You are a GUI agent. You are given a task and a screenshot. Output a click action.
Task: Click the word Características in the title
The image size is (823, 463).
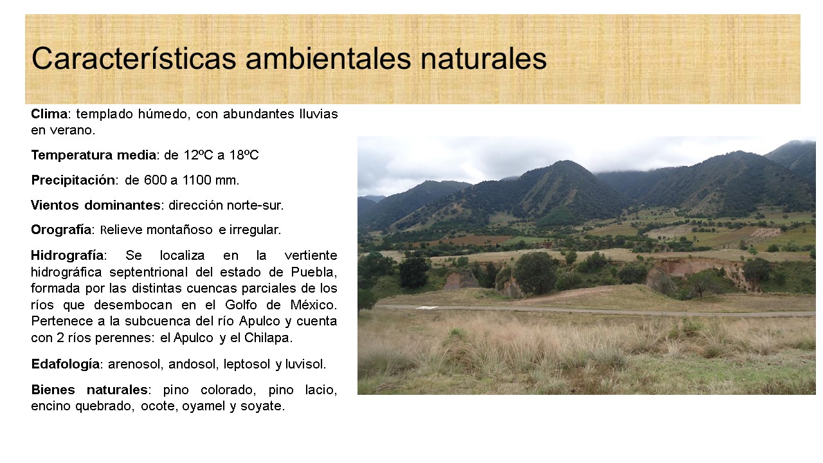coord(134,58)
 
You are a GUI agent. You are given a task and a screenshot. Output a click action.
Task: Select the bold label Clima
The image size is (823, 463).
coord(50,114)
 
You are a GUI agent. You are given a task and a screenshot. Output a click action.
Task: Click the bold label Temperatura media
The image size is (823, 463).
coord(94,155)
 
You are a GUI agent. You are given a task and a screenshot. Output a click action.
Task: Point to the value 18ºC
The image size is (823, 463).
coord(244,155)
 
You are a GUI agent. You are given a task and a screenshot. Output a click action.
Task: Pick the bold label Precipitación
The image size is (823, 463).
coord(73,180)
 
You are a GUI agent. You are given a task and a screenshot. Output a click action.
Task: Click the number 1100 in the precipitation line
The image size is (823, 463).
coord(197,180)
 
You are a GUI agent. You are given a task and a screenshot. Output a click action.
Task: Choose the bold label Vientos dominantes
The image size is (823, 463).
coord(96,205)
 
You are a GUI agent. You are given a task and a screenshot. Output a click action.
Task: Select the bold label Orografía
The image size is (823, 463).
coord(61,230)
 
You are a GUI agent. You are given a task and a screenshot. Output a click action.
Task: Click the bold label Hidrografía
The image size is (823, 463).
coord(68,255)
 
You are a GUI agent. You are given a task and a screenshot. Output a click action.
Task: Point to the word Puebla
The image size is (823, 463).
coord(314,272)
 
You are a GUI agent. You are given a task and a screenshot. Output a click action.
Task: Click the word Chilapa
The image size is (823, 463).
coord(268,338)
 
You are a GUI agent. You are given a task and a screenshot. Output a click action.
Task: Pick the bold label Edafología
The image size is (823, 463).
coord(66,364)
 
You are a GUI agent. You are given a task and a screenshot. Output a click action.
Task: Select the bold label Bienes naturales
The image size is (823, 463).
coord(89,390)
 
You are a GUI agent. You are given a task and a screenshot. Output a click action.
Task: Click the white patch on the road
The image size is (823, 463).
coord(428,308)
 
